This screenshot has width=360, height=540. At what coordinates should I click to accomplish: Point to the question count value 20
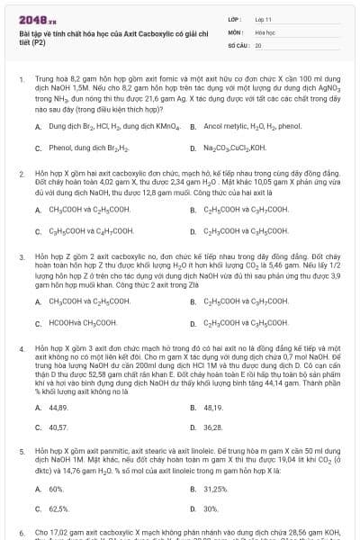click(258, 43)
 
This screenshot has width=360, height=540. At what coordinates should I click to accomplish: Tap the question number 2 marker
click(21, 170)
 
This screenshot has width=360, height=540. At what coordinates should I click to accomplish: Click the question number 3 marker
click(21, 256)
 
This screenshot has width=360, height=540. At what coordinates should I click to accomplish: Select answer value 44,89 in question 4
click(58, 407)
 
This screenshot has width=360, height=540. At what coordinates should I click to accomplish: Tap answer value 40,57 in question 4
click(58, 427)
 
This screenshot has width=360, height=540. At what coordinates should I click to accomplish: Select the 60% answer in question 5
click(57, 489)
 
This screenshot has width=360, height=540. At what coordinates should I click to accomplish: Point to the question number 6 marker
click(21, 532)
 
